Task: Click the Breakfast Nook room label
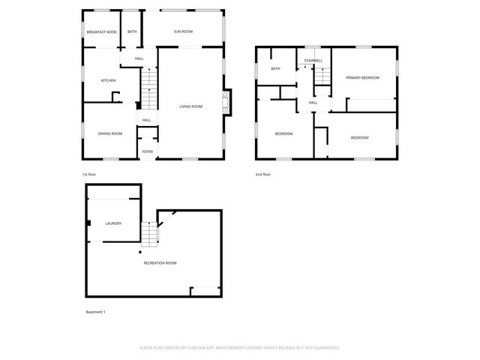[x=101, y=32]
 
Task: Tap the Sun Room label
[x=183, y=31]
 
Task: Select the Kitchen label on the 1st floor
[x=109, y=80]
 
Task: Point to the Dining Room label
[x=110, y=133]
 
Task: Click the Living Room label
[x=190, y=106]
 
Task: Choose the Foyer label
[x=148, y=151]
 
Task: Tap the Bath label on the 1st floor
[x=132, y=31]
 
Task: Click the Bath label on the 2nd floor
[x=275, y=69]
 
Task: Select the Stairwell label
[x=313, y=60]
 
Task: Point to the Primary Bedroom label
[x=362, y=78]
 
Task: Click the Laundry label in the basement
[x=113, y=223]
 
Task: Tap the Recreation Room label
[x=160, y=262]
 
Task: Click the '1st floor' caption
[x=89, y=174]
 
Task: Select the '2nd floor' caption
[x=262, y=174]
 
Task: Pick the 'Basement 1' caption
[x=96, y=312]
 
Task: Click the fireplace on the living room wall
[x=226, y=103]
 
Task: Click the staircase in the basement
[x=150, y=235]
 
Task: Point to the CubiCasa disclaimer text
[x=240, y=347]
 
